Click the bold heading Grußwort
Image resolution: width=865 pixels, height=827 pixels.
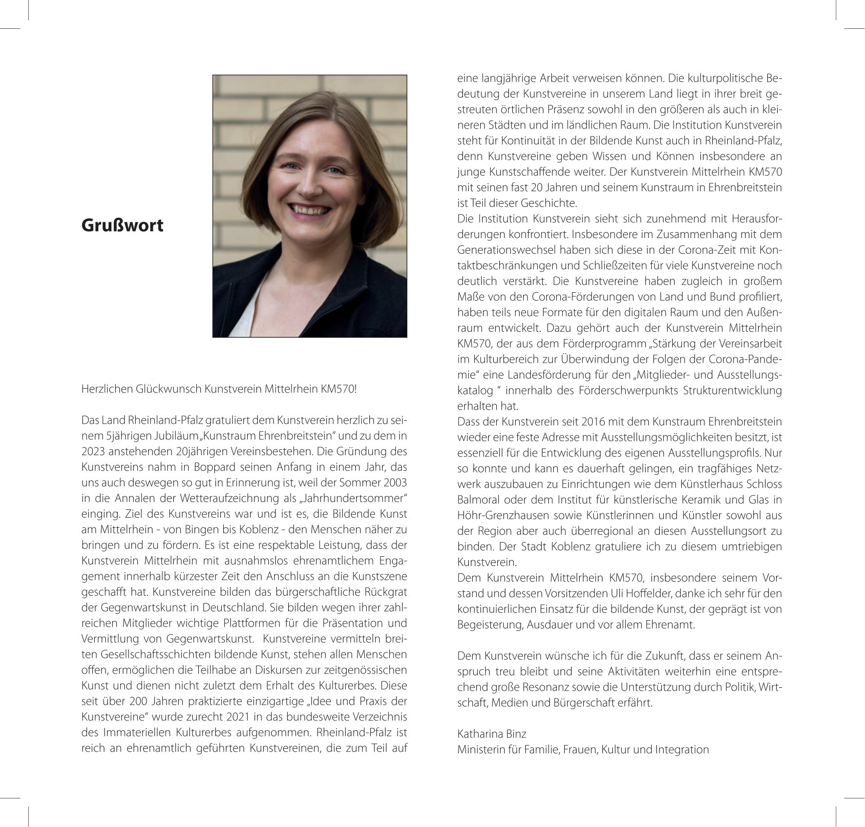pyautogui.click(x=122, y=225)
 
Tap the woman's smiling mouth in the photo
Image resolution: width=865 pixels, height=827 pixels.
pyautogui.click(x=309, y=209)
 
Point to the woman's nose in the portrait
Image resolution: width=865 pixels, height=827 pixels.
pyautogui.click(x=311, y=186)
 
